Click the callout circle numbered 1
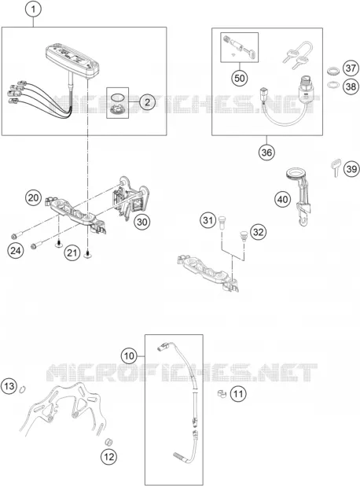tap(34, 9)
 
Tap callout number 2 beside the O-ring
tap(148, 102)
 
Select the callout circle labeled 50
tap(240, 78)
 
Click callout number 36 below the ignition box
tap(266, 153)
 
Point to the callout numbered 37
tap(351, 68)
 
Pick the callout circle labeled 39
tap(351, 169)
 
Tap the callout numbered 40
tap(282, 199)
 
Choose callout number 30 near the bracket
tap(142, 222)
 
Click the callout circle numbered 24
tap(16, 250)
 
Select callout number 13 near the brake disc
tap(9, 386)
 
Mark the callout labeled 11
tap(238, 394)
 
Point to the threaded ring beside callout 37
tap(333, 71)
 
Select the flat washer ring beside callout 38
tap(333, 85)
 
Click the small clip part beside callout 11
tap(222, 394)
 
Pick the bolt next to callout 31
tap(221, 223)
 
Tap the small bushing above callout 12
tap(108, 442)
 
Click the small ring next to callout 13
tap(22, 389)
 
